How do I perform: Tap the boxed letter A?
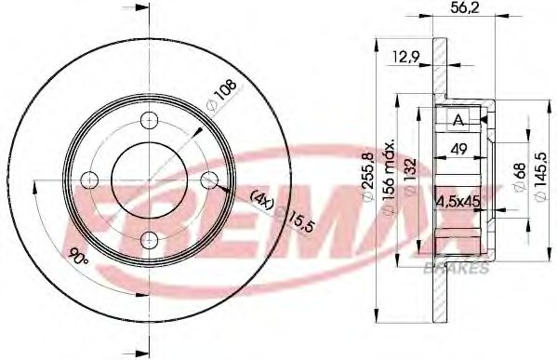458,119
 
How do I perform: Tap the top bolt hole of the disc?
147,119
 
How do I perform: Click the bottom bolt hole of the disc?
147,241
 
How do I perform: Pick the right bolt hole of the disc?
208,180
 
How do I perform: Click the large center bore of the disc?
147,180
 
